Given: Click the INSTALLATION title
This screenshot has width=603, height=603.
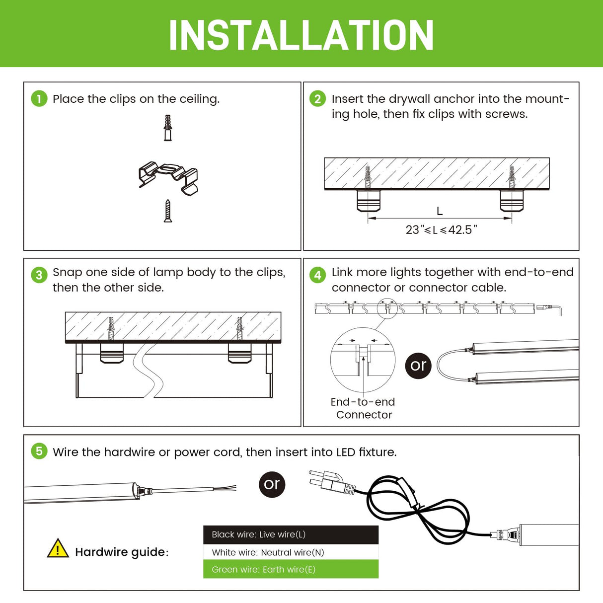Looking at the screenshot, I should point(301,35).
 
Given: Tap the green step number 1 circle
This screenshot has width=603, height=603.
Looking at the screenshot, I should point(39,98).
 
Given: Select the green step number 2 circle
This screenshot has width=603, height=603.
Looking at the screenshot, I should point(317,98).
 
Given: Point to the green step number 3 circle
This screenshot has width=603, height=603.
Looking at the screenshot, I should point(39,274).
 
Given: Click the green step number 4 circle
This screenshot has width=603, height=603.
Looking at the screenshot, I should point(317,274).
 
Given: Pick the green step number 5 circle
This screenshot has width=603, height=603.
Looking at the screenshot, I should point(39,451).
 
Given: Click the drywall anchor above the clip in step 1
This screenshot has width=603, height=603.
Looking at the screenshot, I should point(168,128).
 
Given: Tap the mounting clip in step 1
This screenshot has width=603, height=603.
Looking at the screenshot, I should point(169,177).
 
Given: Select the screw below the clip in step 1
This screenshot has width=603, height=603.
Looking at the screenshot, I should point(168,211).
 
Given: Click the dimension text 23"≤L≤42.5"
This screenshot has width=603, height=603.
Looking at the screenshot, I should point(441,229).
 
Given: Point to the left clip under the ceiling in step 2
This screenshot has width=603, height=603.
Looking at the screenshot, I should point(368,200).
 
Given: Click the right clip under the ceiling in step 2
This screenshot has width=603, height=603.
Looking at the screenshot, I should point(511,200).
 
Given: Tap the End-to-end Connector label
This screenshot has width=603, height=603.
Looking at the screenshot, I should point(364,408).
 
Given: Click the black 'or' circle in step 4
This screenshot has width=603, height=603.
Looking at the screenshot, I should point(418,366).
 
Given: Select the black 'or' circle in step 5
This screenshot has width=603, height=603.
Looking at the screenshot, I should point(272,484).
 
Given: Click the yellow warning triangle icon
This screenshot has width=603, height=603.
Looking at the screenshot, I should point(58,548).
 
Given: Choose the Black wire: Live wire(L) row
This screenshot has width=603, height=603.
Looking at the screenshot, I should point(291,534).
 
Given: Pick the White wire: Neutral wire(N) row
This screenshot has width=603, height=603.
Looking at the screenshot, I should point(291,552).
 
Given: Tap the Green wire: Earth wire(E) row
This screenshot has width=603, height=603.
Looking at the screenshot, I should point(291,569).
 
